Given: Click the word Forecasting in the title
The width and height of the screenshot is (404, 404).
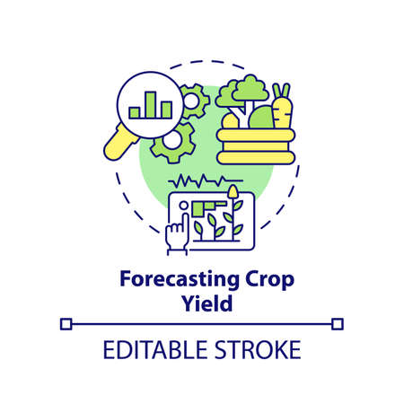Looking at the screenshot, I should [x=164, y=279].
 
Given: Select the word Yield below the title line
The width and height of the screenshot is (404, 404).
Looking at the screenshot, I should [x=201, y=303].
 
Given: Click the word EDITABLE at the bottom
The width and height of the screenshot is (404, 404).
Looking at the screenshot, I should [x=145, y=347].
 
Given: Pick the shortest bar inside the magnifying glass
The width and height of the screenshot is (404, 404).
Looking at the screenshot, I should [x=135, y=112].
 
